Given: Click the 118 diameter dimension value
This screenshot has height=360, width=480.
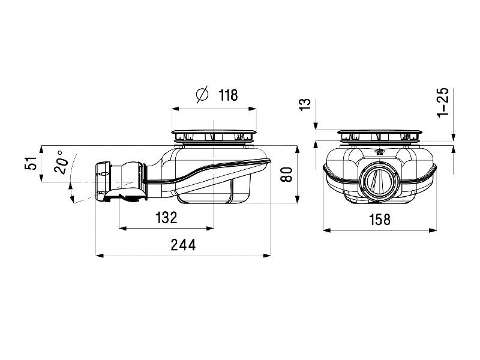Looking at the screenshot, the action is (229, 95).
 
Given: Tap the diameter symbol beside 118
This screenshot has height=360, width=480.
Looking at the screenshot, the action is (202, 94).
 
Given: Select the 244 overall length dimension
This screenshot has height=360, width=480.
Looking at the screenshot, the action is (183, 245).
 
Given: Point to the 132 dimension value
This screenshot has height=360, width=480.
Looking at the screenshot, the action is (166, 217).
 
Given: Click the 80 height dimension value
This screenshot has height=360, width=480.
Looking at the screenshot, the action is (287, 175).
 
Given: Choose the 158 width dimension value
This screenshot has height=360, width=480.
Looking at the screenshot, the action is (380, 220).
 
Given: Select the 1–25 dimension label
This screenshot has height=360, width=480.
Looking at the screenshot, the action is (443, 102).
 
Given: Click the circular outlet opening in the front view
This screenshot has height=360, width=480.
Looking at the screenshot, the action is (379, 181).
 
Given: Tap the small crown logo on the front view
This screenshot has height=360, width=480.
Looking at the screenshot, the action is (380, 152).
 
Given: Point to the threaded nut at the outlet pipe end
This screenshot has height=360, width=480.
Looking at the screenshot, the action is (103, 181).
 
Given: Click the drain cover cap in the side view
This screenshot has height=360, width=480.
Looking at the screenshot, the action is (214, 135).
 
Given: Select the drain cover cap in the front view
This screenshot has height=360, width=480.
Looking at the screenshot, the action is (380, 135).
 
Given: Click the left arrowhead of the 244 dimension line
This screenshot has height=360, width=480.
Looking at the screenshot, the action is (100, 255).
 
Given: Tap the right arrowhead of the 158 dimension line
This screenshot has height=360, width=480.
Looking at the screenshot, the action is (433, 230).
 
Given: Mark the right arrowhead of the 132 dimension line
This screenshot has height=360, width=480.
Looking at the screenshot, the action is (209, 228).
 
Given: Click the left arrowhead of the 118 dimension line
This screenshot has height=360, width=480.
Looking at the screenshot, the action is (176, 109).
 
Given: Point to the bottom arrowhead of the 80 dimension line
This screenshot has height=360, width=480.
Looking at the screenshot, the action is (296, 199).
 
